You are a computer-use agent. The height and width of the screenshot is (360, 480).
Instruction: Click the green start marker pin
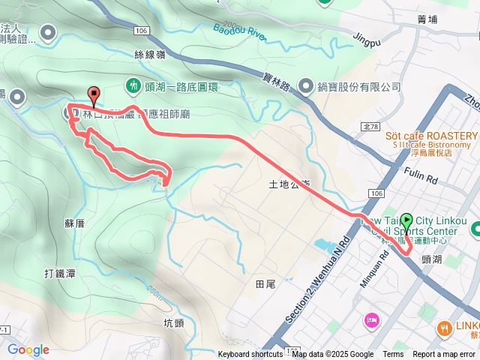(406, 222)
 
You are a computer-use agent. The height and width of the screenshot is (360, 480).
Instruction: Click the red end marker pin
(94, 94)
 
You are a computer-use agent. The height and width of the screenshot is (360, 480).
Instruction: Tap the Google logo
(28, 349)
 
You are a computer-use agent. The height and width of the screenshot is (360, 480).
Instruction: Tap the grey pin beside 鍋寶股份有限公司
(307, 86)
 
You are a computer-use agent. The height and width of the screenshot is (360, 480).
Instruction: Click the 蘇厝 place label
(74, 223)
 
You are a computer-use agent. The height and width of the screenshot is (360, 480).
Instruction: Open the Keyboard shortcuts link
(250, 355)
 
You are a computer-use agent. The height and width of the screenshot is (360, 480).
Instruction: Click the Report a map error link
(444, 355)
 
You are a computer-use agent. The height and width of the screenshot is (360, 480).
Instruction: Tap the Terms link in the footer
(393, 355)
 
